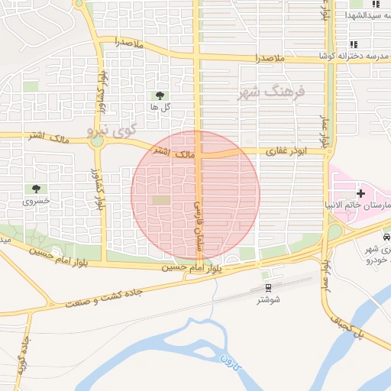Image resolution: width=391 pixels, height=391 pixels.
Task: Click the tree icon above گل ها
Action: [160, 95]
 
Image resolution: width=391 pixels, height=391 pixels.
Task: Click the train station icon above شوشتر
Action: [268, 287]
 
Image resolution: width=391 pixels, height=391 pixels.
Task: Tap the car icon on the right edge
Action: [386, 238]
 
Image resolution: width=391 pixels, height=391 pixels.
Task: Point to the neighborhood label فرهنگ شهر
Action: [272, 92]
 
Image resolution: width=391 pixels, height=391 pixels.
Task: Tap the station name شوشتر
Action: [268, 299]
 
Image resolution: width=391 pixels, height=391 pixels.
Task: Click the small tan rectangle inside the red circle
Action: [160, 200]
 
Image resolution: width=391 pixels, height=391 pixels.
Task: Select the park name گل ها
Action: [160, 108]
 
